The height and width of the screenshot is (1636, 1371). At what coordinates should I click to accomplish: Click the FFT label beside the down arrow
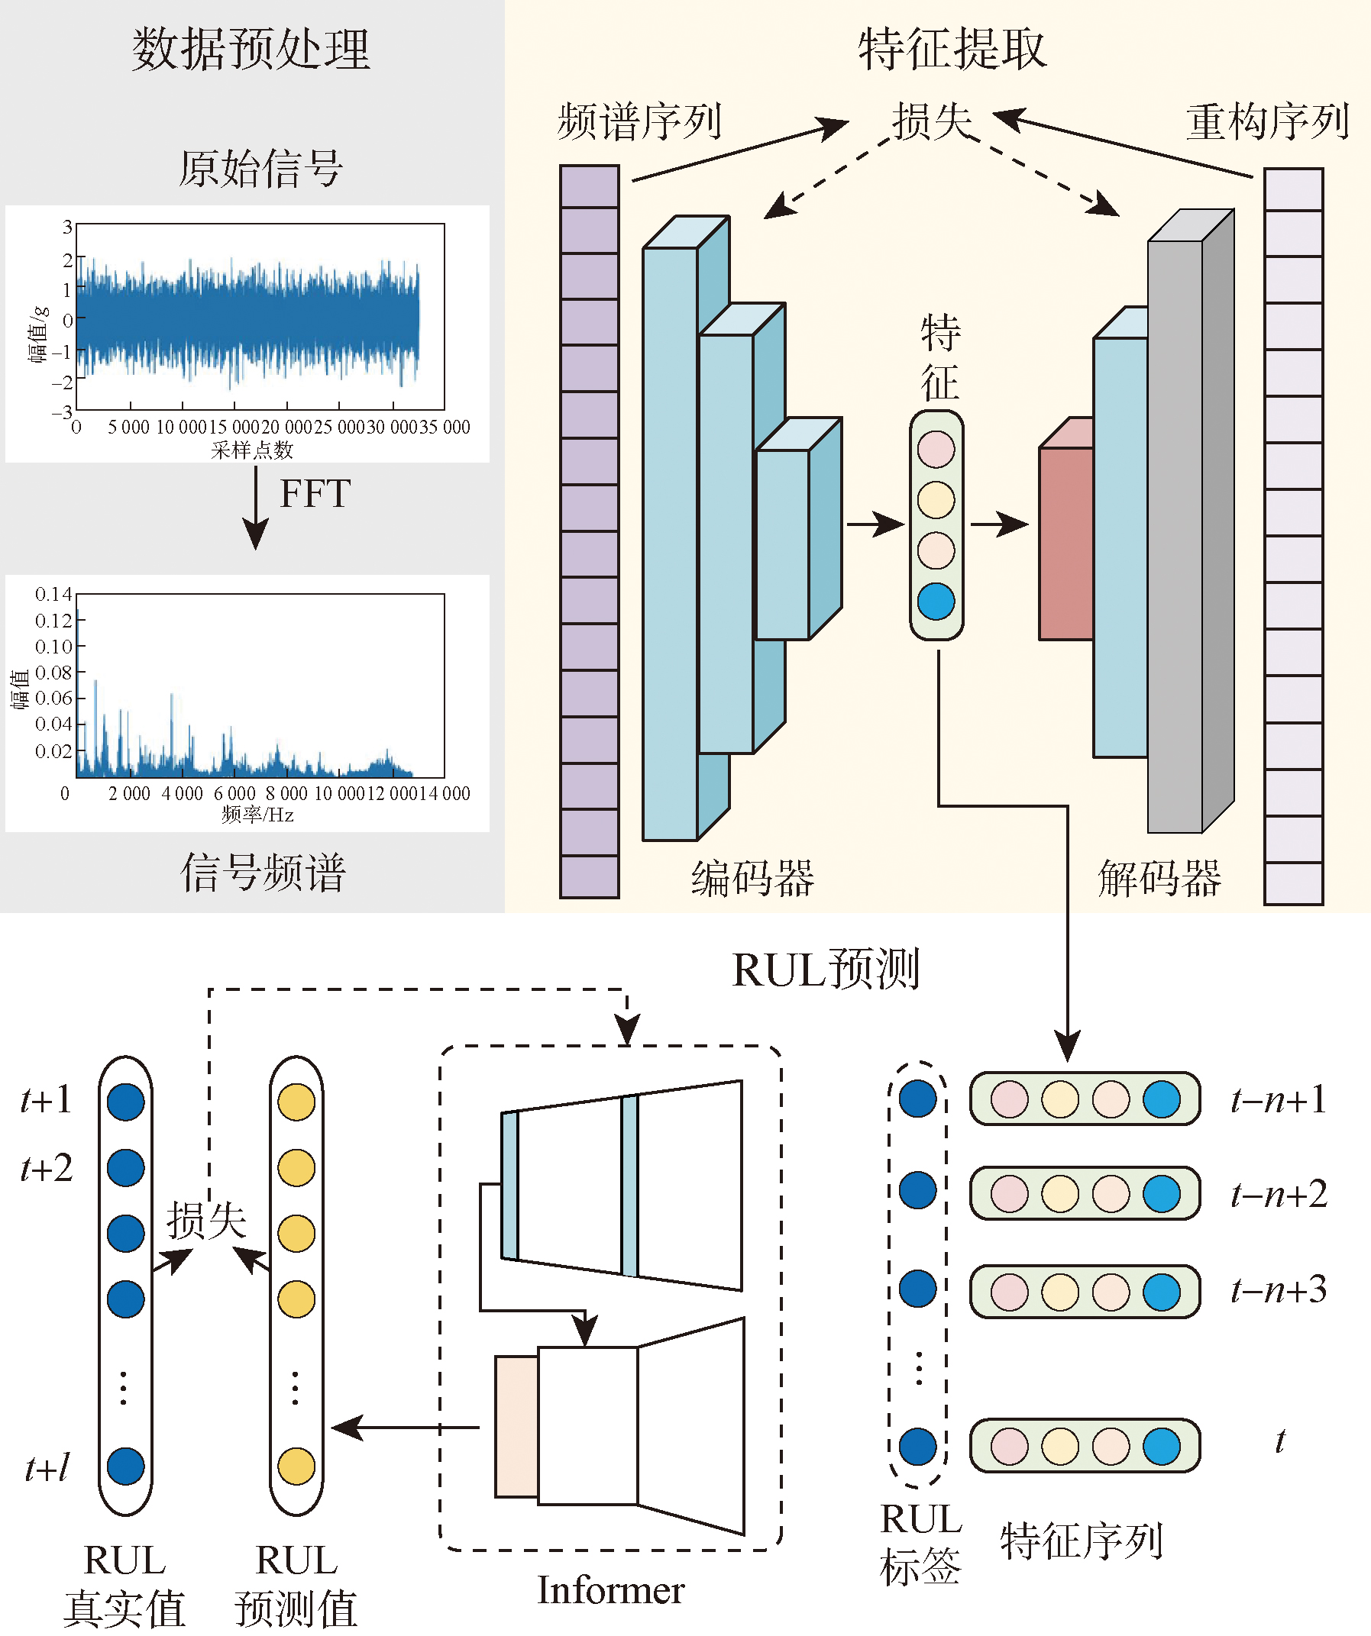[315, 494]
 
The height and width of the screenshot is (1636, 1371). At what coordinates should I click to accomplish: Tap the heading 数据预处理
[251, 50]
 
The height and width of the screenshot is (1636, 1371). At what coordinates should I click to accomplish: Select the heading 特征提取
[952, 50]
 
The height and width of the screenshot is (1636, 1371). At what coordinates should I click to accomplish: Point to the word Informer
[610, 1590]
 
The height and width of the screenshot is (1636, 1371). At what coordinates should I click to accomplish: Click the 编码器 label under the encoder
[753, 879]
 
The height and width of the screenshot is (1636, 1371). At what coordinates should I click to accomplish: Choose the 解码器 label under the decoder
[1159, 879]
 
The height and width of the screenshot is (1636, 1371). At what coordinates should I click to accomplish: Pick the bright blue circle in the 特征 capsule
[936, 602]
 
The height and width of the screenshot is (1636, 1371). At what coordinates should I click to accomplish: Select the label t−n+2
[1279, 1194]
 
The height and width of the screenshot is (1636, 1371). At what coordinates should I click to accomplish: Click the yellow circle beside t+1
[296, 1102]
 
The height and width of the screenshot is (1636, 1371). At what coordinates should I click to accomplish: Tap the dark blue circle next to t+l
[125, 1467]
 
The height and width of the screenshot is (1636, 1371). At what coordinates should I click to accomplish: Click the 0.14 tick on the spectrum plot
[53, 595]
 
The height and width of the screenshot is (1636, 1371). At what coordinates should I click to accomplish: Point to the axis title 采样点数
[252, 450]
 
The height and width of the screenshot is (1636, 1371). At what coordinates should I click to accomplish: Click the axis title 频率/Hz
[257, 815]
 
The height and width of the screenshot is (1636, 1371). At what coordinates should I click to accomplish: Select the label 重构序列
[1267, 123]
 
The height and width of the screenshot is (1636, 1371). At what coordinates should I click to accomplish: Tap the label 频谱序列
[639, 123]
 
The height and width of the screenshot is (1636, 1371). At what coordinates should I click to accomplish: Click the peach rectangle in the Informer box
[516, 1426]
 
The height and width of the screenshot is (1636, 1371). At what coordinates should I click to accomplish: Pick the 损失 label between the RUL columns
[206, 1221]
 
